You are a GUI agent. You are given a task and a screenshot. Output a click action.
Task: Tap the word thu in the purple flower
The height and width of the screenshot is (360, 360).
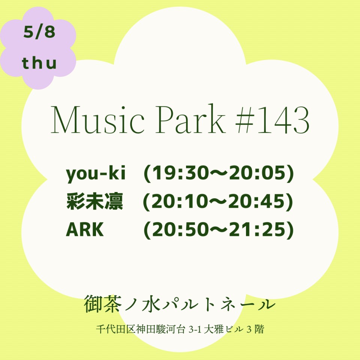pyautogui.click(x=39, y=63)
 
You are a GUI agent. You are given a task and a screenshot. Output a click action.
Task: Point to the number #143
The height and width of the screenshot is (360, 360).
pyautogui.click(x=273, y=120)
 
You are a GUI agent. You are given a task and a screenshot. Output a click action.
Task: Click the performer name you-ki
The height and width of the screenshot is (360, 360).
pyautogui.click(x=96, y=174)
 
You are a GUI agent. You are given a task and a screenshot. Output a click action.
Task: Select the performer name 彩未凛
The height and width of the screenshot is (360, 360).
pyautogui.click(x=94, y=201)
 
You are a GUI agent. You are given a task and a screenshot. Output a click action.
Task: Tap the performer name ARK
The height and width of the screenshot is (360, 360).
pyautogui.click(x=85, y=229)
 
